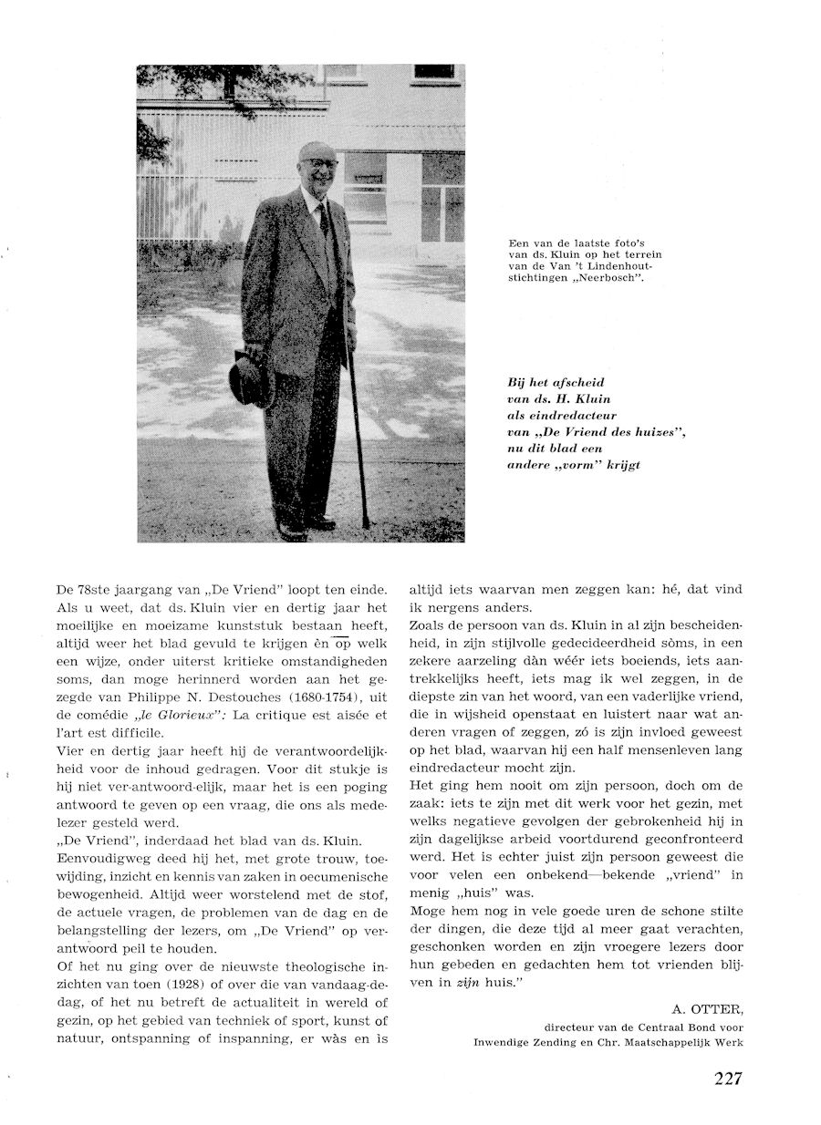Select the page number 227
728,1079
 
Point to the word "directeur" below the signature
573,1025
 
